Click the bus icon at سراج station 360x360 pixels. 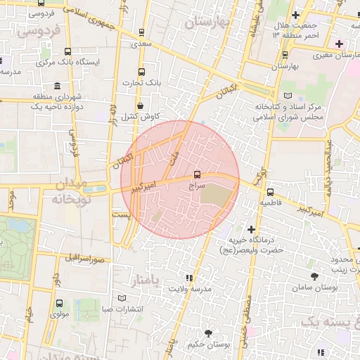click(x=197, y=174)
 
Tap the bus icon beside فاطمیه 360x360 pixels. click(x=271, y=191)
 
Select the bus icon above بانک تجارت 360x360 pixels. click(x=142, y=72)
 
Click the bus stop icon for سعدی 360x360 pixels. click(x=142, y=32)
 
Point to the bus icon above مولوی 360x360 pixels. click(x=59, y=304)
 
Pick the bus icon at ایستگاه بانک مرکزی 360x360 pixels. click(x=67, y=51)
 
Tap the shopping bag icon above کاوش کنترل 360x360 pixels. click(x=141, y=105)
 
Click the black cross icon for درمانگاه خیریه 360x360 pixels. click(x=251, y=229)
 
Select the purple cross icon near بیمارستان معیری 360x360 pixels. click(x=339, y=44)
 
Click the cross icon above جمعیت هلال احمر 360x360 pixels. click(x=295, y=15)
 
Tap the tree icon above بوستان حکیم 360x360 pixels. click(x=208, y=333)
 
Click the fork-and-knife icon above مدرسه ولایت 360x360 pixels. click(x=188, y=277)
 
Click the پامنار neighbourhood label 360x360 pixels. click(x=167, y=281)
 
